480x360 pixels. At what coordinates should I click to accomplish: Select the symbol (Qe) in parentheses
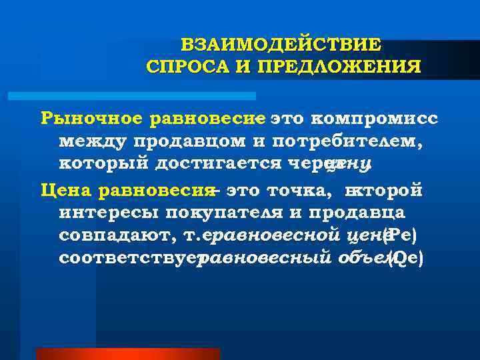406,259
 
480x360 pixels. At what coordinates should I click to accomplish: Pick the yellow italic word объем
360,259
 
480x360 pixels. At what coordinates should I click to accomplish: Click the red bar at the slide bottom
127,353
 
